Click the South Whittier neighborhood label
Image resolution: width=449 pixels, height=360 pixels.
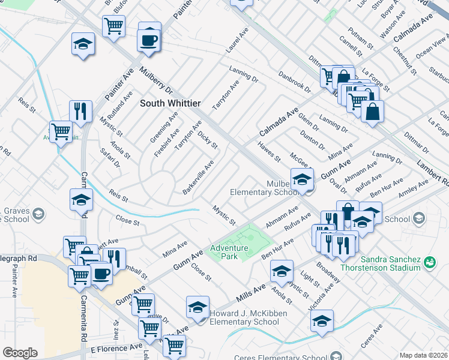click(170, 103)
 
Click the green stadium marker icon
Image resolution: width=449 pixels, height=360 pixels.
click(430, 262)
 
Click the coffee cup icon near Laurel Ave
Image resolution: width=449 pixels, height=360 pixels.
click(149, 40)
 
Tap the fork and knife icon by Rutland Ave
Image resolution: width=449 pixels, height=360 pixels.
click(80, 110)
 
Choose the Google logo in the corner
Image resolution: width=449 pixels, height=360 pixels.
click(20, 353)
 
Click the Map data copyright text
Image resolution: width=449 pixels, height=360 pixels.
click(424, 355)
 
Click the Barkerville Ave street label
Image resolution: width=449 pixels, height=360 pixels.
click(199, 177)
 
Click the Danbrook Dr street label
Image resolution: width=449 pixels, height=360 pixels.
click(294, 82)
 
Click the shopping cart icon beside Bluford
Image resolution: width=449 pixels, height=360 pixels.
click(113, 26)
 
